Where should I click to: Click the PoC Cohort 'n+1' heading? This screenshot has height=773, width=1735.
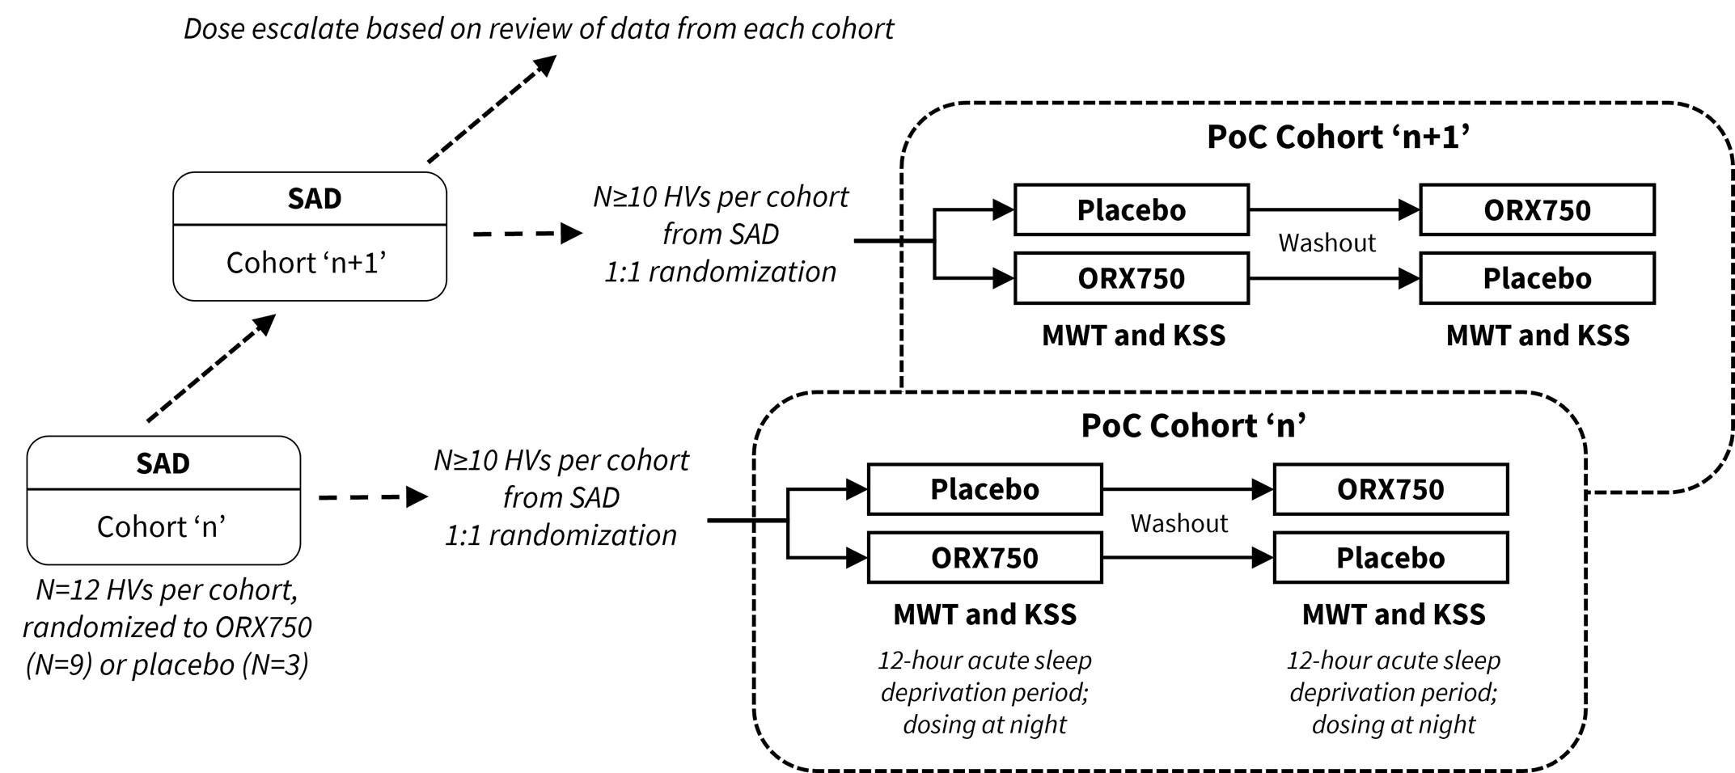1338,137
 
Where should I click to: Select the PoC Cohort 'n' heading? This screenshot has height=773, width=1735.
1193,425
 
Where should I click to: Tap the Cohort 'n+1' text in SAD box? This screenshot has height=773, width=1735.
306,263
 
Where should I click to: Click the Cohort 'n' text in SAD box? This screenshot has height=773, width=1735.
161,526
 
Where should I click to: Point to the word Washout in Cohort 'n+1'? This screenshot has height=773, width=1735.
1327,243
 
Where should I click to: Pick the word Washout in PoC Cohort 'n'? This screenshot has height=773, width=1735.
1179,523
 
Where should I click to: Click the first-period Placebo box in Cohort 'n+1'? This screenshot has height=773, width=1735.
1131,210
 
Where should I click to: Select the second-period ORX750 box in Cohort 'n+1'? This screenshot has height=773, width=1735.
1537,210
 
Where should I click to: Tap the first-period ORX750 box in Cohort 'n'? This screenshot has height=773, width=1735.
984,558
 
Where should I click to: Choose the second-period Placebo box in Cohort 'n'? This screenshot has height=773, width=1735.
1390,558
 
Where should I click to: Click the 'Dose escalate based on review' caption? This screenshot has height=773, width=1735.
539,28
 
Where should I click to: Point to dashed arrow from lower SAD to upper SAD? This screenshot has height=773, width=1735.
211,368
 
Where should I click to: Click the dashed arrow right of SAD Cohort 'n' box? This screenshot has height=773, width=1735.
373,497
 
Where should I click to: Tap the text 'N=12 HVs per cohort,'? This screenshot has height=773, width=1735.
167,589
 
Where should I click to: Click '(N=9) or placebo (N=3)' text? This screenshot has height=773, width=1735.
167,665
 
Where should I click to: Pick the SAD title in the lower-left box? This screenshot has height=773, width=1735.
163,463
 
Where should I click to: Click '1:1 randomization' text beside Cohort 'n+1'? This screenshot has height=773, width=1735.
720,272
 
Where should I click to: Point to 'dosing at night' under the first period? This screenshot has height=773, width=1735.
984,724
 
